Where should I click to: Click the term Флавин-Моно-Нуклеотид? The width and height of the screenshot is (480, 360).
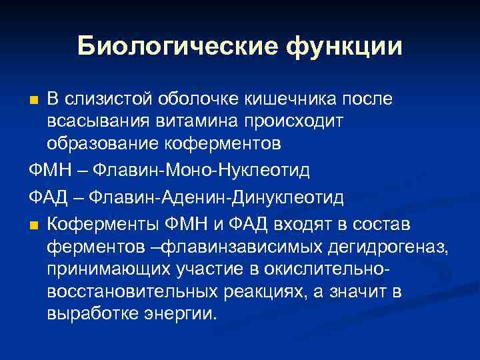click(x=199, y=171)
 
